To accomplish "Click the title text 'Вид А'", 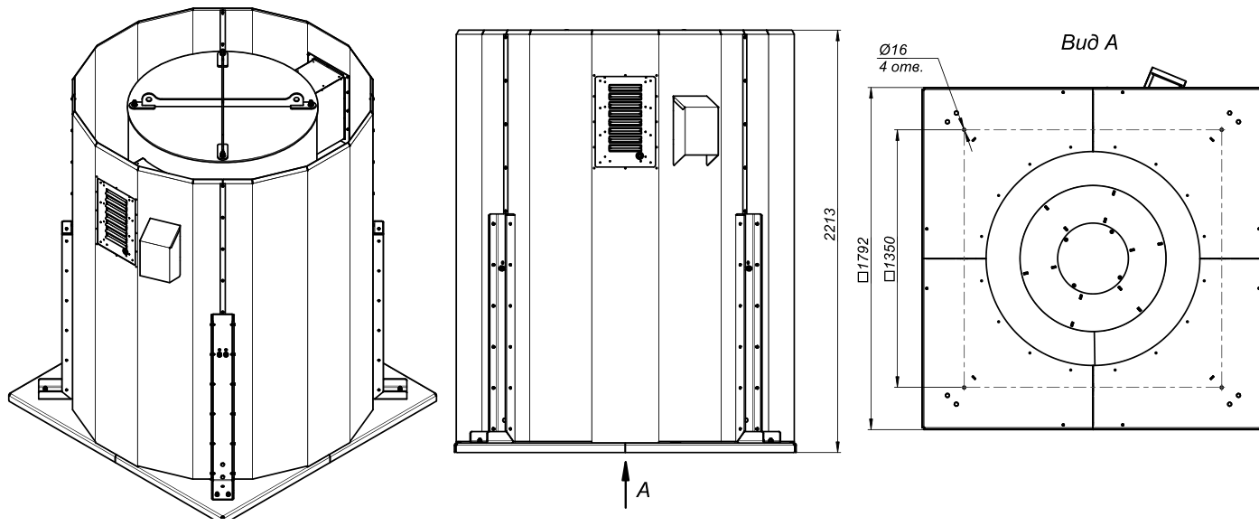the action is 1088,42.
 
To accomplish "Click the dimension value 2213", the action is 830,224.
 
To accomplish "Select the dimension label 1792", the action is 864,258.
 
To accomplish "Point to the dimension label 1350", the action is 890,258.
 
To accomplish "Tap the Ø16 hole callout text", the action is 893,50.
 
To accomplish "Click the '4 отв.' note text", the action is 901,67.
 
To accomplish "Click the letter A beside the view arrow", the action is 643,490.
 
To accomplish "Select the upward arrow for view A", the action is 626,484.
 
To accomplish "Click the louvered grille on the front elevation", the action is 626,121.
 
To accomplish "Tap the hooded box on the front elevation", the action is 695,130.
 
